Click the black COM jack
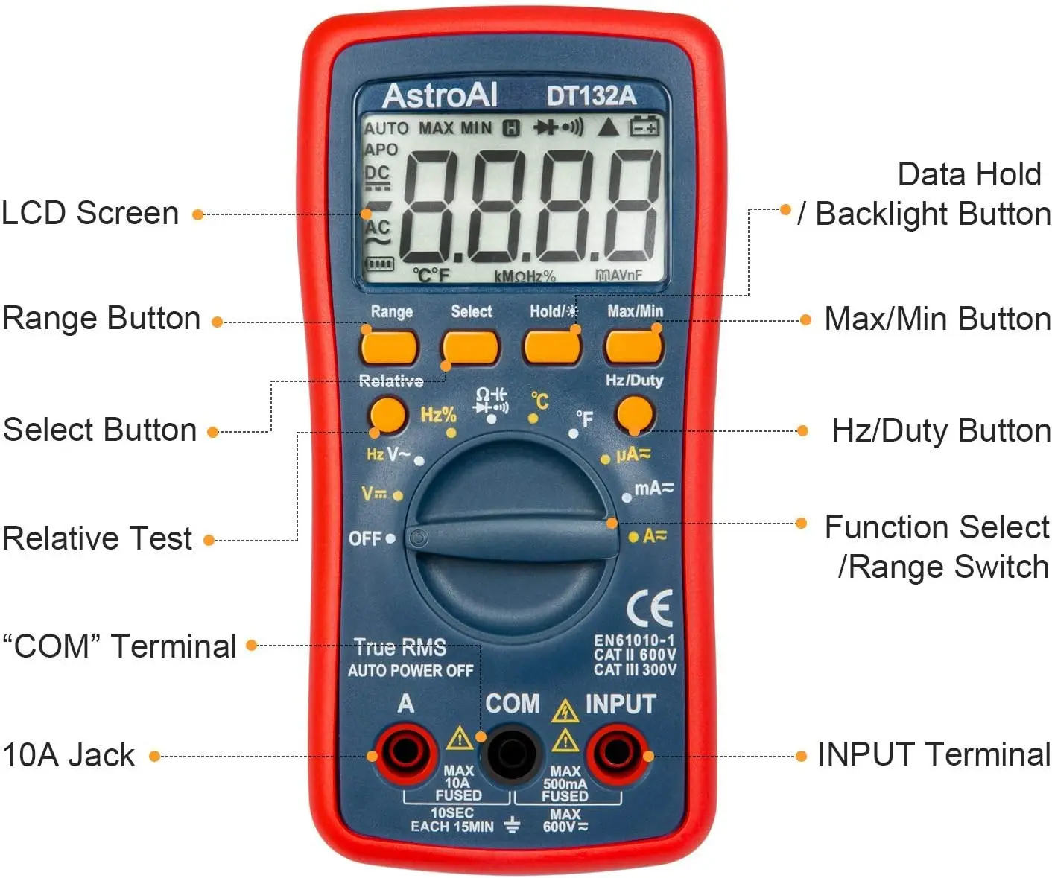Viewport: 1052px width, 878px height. tap(512, 754)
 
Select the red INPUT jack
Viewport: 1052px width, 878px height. tap(617, 753)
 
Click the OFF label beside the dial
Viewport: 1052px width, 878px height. tap(365, 538)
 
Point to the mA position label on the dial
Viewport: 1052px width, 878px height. tap(653, 489)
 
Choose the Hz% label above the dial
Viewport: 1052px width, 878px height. tap(438, 415)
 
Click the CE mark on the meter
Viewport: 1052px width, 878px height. tap(650, 608)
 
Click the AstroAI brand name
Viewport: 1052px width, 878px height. tap(440, 95)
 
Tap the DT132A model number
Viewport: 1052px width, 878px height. tap(592, 96)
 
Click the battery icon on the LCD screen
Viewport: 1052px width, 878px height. tap(644, 127)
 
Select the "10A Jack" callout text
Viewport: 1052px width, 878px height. tap(69, 755)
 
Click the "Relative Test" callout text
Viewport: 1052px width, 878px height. tap(98, 538)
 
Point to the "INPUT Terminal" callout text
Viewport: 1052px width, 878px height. tap(933, 754)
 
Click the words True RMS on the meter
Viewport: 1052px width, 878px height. tap(400, 647)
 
